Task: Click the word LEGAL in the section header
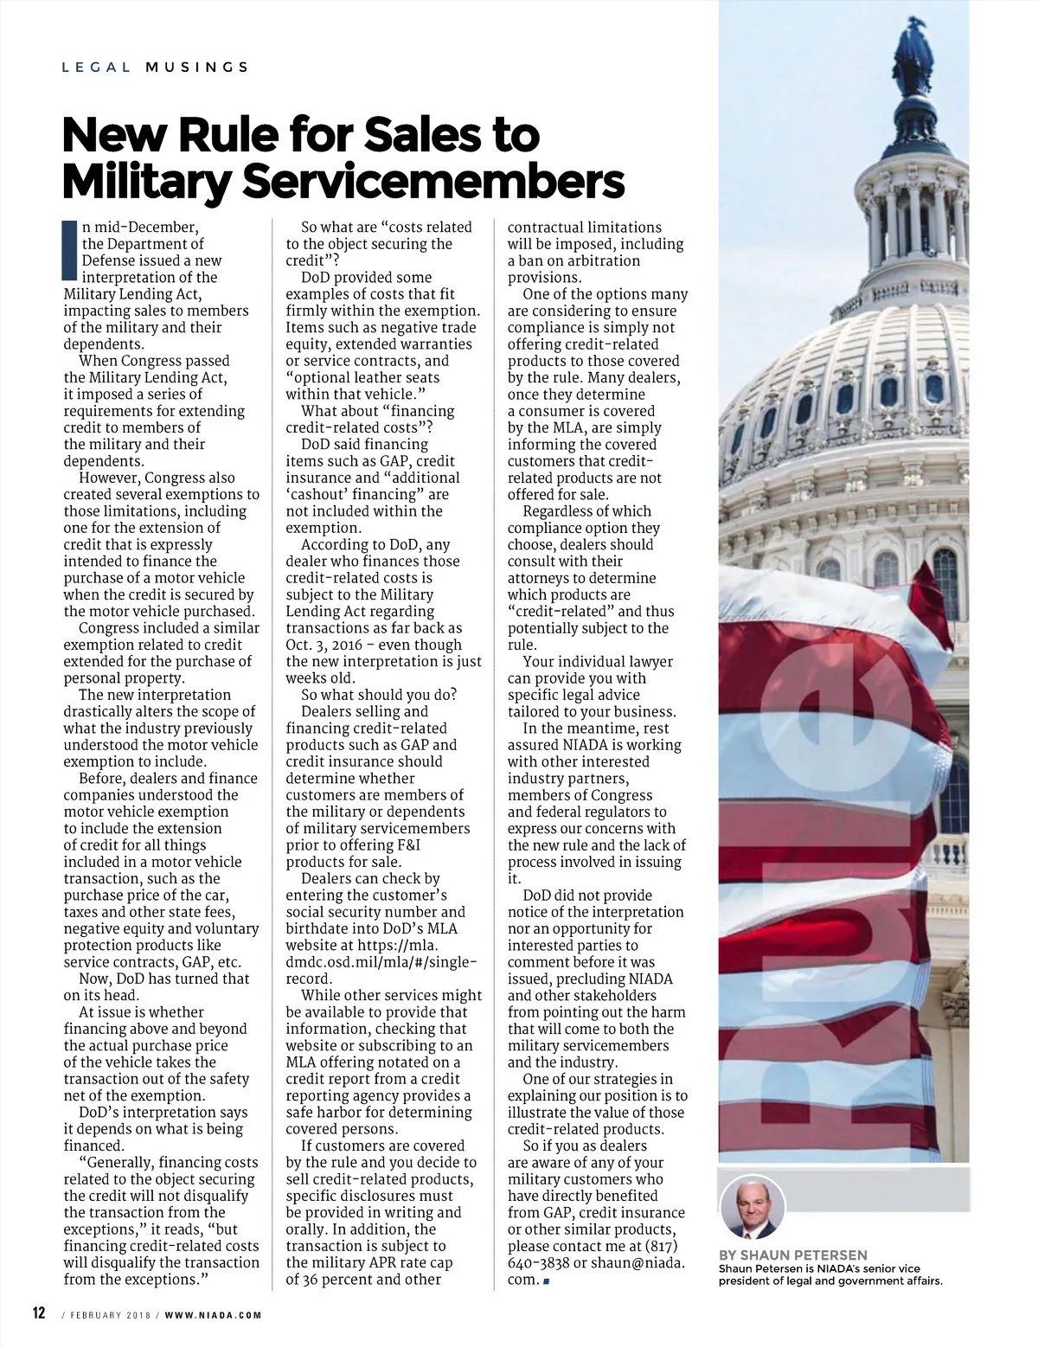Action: tap(96, 67)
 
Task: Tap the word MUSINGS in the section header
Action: tap(197, 67)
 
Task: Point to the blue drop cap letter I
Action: tap(70, 252)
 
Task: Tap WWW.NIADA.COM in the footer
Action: tap(214, 1314)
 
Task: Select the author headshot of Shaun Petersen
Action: tap(753, 1205)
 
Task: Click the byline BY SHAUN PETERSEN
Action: tap(792, 1255)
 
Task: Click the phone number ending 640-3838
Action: tap(539, 1263)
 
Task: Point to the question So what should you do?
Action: tap(379, 696)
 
